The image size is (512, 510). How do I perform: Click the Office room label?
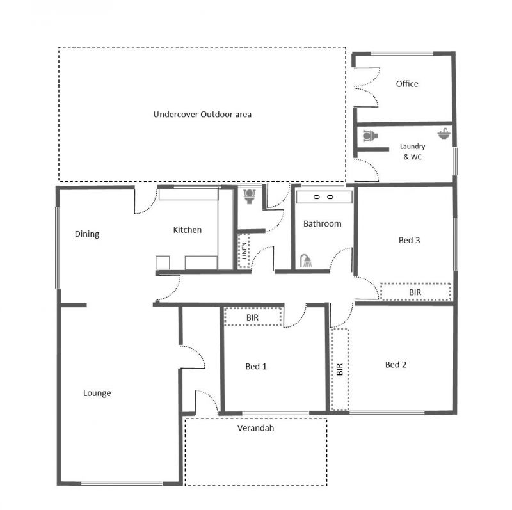pos(407,84)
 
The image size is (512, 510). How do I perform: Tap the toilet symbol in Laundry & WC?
pos(371,136)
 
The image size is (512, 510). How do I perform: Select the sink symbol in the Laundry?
pos(444,134)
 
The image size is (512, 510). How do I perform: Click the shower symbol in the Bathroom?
pos(306,261)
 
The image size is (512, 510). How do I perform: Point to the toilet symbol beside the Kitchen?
pos(250,196)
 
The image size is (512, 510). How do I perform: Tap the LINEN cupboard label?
pos(244,251)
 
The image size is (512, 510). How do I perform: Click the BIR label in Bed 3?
pos(415,292)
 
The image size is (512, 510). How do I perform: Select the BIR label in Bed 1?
pos(252,317)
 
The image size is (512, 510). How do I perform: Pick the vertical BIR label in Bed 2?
pos(340,369)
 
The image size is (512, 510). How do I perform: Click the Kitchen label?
pos(187,230)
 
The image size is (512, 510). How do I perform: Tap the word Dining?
pos(87,234)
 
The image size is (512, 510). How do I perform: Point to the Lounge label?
pos(97,393)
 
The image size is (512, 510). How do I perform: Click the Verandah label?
pos(255,428)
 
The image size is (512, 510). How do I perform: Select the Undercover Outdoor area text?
pos(202,115)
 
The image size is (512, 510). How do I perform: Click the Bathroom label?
pos(323,224)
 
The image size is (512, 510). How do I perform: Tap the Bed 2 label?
pos(396,365)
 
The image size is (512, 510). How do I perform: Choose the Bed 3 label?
pos(409,241)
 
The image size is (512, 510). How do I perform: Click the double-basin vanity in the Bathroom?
pos(324,197)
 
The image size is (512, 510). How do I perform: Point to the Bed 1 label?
pos(256,367)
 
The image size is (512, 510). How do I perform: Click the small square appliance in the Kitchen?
pos(163,262)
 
